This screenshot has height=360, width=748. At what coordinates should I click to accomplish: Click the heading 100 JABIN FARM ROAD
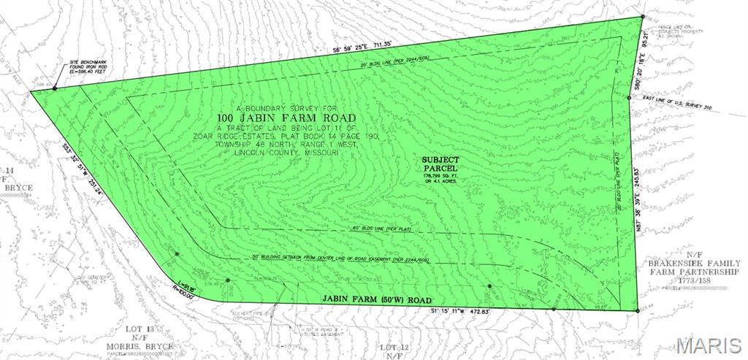coord(286,118)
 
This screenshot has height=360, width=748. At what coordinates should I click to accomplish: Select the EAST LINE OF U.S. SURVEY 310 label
coord(678,109)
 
